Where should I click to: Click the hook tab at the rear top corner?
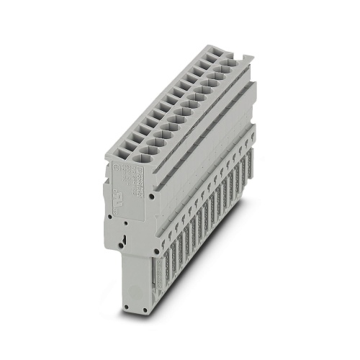point(245,60)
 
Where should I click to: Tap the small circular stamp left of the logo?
point(120,163)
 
